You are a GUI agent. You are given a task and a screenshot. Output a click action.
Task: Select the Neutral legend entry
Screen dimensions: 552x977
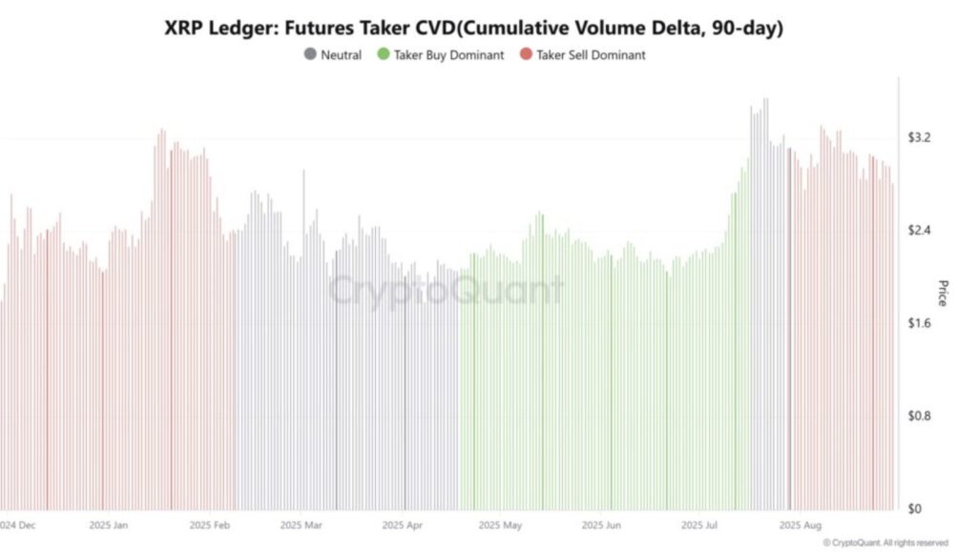tap(341, 55)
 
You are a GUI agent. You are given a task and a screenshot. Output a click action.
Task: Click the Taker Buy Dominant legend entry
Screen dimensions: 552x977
tap(448, 55)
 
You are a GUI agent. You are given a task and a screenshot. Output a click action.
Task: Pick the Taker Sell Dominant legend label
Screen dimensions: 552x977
tap(591, 55)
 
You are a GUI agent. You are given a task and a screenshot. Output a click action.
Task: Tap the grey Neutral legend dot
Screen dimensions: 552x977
tap(310, 55)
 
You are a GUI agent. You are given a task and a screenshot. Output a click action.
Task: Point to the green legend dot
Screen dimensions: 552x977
tap(384, 55)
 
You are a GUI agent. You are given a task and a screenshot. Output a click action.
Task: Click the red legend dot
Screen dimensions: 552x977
tap(525, 55)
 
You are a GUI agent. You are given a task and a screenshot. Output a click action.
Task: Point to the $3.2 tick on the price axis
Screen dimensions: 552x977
tap(920, 138)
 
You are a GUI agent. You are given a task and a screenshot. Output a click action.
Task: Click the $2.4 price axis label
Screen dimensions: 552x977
tap(920, 231)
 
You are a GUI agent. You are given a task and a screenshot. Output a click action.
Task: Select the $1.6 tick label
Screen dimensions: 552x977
tap(920, 324)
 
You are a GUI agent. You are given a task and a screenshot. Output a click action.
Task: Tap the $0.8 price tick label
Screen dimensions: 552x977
tap(920, 417)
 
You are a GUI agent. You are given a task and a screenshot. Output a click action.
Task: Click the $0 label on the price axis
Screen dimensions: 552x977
tap(914, 509)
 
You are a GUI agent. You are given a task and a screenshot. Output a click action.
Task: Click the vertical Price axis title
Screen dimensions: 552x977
tap(943, 293)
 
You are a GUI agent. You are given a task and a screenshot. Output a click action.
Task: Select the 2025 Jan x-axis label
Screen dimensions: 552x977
tap(112, 525)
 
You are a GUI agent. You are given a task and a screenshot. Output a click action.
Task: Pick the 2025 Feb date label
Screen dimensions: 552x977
tap(210, 525)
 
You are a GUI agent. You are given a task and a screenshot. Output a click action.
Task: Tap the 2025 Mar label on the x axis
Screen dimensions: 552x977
tap(301, 525)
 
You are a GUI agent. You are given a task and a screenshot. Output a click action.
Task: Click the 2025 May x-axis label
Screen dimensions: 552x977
tap(500, 525)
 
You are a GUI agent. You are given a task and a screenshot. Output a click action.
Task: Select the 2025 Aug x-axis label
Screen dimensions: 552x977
tap(800, 525)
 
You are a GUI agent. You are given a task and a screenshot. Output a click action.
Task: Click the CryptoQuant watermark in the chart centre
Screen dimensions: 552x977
tap(446, 290)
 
